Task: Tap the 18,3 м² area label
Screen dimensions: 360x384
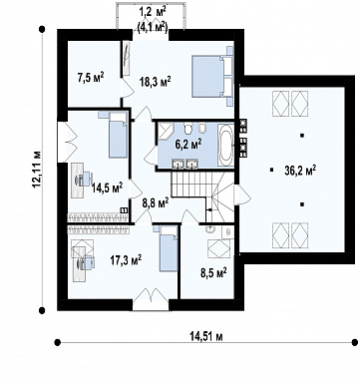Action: tap(156, 82)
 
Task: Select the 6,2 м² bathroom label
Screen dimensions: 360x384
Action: tap(188, 145)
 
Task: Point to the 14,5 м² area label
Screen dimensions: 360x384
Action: tap(107, 188)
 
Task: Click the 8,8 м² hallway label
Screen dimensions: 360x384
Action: tap(155, 202)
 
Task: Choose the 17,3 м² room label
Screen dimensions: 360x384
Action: tap(126, 260)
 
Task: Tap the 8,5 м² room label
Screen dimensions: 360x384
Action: tap(213, 273)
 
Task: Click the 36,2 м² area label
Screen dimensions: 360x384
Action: tap(300, 171)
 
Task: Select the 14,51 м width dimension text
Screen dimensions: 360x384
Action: tap(206, 336)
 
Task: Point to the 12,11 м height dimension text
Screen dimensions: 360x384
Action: tap(37, 169)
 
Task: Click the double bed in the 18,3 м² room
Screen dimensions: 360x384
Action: tap(212, 77)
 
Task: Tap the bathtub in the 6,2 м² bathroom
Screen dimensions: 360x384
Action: tap(225, 146)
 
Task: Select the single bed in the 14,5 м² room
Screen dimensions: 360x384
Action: tap(118, 135)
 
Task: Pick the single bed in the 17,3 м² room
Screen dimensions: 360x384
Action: tap(169, 248)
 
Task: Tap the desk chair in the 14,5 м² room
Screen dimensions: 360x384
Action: tap(85, 180)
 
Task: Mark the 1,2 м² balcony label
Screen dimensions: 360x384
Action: tap(152, 12)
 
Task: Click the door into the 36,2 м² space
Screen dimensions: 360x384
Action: tap(242, 195)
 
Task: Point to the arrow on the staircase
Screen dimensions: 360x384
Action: tap(209, 209)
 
